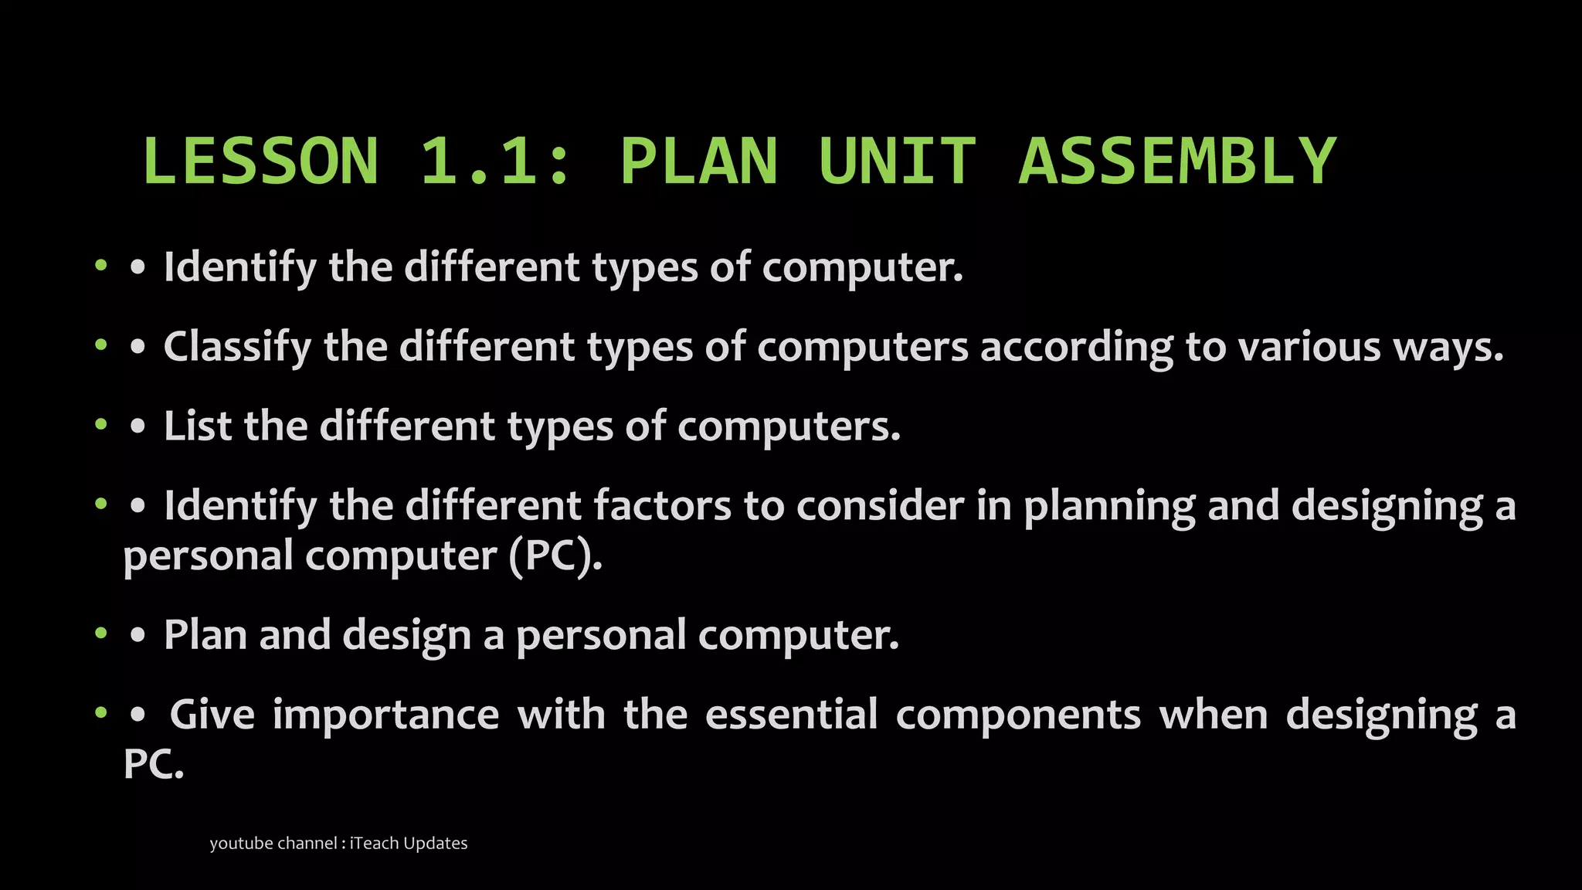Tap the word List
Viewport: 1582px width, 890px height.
click(x=197, y=426)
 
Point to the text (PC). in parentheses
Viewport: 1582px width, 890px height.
click(x=555, y=555)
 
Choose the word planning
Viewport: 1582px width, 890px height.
click(x=1109, y=507)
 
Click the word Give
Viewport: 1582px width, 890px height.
click(x=212, y=714)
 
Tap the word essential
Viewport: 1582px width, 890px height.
click(x=792, y=714)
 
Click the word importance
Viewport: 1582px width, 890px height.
click(x=386, y=715)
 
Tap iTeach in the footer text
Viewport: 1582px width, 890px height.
click(x=375, y=843)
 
